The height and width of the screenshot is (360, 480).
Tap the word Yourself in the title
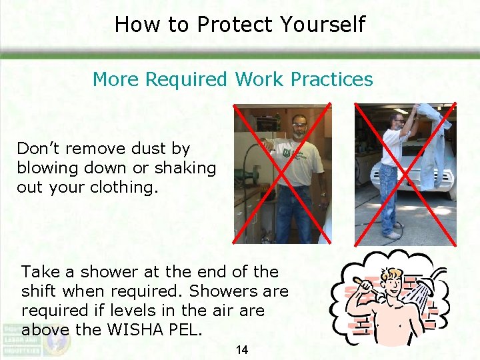click(323, 25)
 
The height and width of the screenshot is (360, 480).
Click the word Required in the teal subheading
click(187, 79)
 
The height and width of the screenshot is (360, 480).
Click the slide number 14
click(241, 349)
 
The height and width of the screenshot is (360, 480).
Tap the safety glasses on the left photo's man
click(299, 125)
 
